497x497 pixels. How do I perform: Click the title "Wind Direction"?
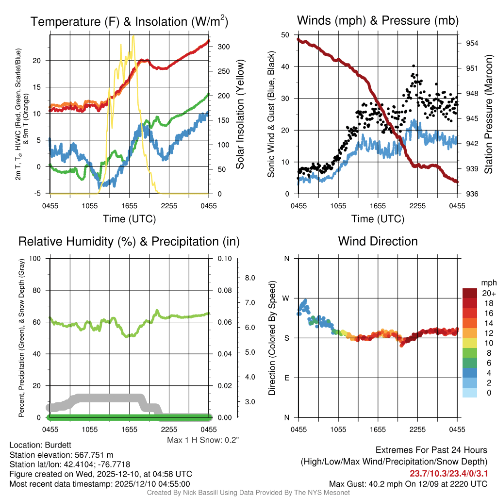tap(378, 241)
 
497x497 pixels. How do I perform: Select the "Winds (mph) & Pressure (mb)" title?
tap(378, 20)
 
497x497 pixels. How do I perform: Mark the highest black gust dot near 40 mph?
tap(414, 66)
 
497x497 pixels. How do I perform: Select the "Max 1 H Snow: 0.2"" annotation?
tap(203, 440)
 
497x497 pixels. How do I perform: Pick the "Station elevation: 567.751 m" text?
tap(61, 455)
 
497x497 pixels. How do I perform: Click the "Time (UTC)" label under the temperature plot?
tap(130, 219)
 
